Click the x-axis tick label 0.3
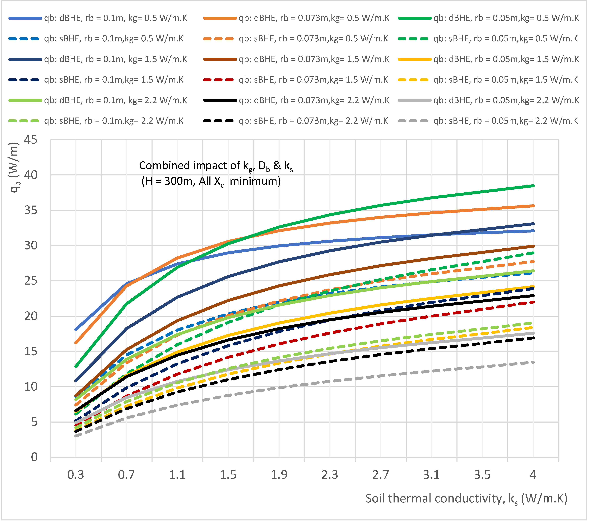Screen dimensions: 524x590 (76, 475)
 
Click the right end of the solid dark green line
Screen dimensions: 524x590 (533, 186)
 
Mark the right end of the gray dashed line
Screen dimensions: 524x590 (533, 362)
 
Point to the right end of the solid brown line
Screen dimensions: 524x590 (533, 246)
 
